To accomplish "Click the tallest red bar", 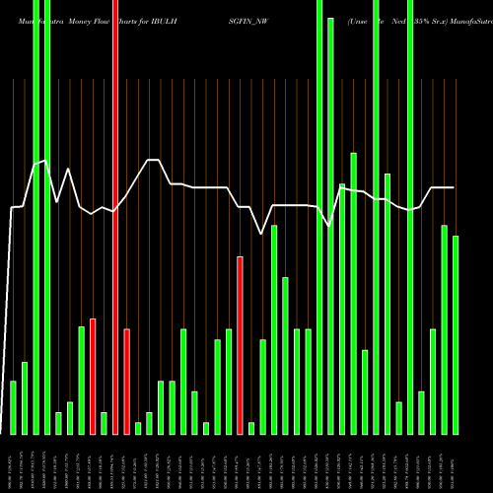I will click(115, 217).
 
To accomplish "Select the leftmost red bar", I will click(93, 376).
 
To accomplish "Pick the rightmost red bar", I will click(240, 345).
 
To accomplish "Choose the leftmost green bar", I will click(13, 407).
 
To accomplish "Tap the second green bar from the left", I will click(25, 398).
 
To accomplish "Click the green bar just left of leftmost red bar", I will click(82, 380).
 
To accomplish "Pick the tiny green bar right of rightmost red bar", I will click(251, 428).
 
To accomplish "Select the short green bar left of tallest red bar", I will click(104, 423).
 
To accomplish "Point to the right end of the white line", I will click(454, 187).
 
